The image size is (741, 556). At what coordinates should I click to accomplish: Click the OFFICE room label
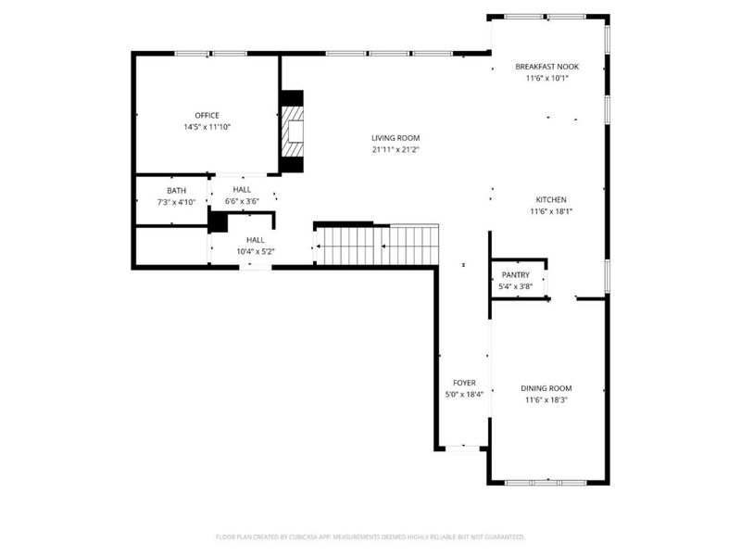coord(207,115)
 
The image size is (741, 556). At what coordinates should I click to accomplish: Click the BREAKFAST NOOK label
coord(547,67)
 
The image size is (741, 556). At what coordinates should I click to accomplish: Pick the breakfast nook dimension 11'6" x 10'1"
coord(547,78)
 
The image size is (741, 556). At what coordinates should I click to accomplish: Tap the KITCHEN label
coord(550,199)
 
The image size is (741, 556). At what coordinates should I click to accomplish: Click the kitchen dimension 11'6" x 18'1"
coord(550,210)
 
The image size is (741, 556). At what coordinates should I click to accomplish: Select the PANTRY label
coord(515,275)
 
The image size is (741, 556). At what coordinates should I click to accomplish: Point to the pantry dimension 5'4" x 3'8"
coord(515,286)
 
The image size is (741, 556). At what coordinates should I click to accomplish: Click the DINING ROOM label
coord(546,388)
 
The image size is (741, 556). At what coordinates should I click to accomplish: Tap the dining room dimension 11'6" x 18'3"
coord(546,399)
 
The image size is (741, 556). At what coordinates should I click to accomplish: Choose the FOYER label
coord(463,383)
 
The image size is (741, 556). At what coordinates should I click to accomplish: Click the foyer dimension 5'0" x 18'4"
coord(463,394)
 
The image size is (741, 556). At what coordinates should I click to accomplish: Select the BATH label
coord(176,190)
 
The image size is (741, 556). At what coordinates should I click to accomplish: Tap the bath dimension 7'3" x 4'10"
coord(176,201)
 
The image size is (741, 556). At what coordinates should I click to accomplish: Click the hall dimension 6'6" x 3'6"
coord(242,201)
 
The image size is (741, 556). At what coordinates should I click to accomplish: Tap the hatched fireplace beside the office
coord(294,132)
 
